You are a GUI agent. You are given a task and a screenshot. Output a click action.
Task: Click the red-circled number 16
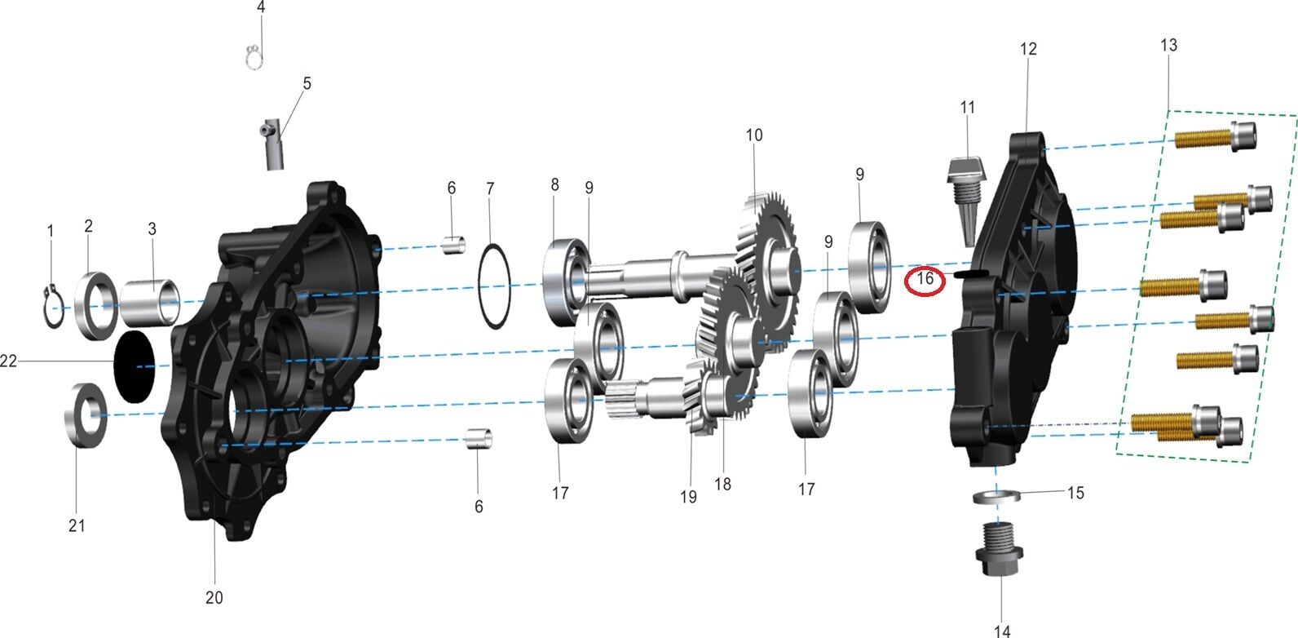[x=925, y=279]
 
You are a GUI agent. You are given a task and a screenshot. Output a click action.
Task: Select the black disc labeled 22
[x=135, y=366]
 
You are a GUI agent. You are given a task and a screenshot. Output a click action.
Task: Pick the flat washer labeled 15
[x=996, y=497]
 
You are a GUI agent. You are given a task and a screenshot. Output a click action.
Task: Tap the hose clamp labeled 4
[x=254, y=57]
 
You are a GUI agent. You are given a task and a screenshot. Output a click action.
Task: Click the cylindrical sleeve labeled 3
[x=151, y=302]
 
